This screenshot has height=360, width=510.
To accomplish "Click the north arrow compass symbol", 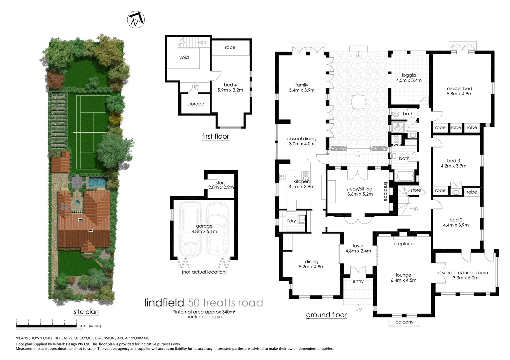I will pos(136,20).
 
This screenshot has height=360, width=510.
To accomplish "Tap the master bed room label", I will pos(459,91).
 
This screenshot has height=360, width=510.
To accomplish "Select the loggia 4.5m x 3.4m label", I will pos(409,78).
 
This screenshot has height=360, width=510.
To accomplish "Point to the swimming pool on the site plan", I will pos(97,182).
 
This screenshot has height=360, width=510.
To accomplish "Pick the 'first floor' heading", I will pos(215,136).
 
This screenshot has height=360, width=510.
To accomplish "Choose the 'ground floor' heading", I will pos(326,315).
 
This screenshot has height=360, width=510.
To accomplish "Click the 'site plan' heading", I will pos(86,312).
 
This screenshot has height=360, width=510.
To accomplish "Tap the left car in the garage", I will pos(190,230).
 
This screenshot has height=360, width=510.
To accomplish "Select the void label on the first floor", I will pos(184,57).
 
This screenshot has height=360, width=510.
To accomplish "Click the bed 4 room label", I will pos(230,87).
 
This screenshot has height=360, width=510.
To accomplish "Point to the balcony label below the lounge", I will pos(404,322).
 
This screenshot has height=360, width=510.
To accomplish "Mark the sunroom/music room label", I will pos(465,275).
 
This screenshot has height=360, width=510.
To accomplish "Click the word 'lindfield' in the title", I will pos(164,303).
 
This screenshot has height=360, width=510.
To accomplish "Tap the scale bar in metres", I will pos(47,326).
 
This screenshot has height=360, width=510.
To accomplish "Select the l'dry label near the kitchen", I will pos(291,221).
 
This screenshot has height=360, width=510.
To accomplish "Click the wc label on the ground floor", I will pos(396,145).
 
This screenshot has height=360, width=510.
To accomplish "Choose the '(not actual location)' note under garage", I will pos(204,272).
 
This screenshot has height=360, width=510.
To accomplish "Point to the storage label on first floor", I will pos(196,104).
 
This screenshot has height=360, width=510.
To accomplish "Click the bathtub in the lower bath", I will pos(404,176).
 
